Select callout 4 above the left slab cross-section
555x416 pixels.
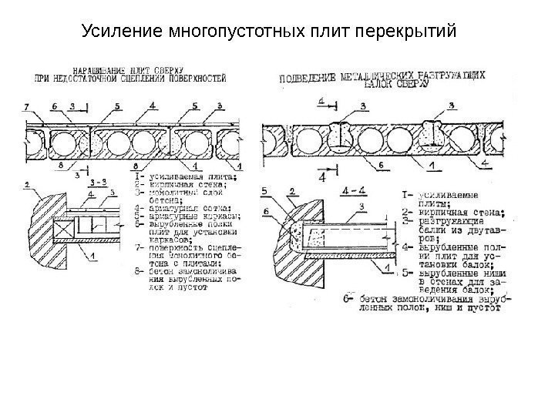(153, 105)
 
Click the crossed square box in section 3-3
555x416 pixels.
(63, 227)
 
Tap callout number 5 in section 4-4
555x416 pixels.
(264, 190)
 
